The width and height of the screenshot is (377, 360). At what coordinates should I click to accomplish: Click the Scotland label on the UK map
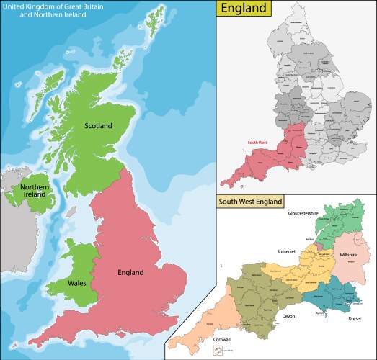coord(99,126)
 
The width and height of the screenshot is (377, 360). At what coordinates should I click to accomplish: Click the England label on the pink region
coord(130,273)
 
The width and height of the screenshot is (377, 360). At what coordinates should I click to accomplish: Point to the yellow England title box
coord(246,9)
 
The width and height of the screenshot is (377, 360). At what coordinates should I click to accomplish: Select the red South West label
coord(257,143)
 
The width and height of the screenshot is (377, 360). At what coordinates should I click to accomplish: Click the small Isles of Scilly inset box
coord(217,351)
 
